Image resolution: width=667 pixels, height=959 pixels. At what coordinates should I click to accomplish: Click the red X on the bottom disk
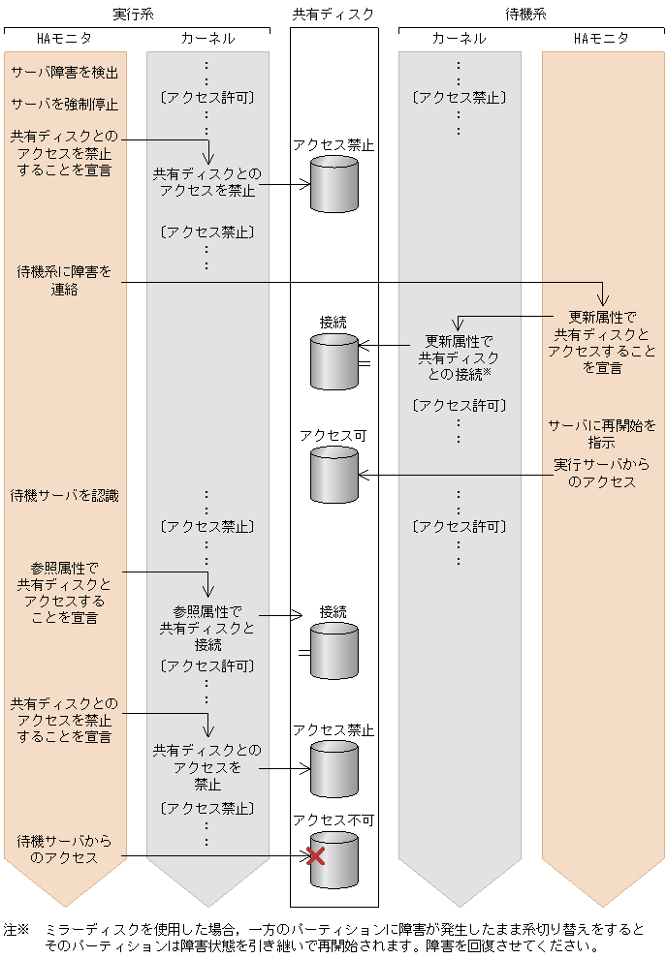pyautogui.click(x=315, y=855)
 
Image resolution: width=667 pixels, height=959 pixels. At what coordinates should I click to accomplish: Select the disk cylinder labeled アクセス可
pyautogui.click(x=333, y=475)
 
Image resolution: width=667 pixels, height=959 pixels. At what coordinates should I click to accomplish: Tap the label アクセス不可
pyautogui.click(x=333, y=820)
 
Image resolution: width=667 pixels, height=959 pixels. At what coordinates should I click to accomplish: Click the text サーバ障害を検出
pyautogui.click(x=64, y=73)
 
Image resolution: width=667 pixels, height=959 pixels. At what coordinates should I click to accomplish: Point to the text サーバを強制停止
pyautogui.click(x=64, y=104)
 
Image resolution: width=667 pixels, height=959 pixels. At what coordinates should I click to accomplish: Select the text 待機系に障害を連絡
pyautogui.click(x=64, y=281)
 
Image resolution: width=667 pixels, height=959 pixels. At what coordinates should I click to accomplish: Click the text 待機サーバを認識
pyautogui.click(x=64, y=496)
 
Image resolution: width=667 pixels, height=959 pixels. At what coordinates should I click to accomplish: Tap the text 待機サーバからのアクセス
pyautogui.click(x=64, y=849)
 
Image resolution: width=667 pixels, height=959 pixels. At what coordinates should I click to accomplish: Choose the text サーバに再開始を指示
pyautogui.click(x=602, y=433)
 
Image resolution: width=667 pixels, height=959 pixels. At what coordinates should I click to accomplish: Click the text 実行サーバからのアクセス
pyautogui.click(x=602, y=473)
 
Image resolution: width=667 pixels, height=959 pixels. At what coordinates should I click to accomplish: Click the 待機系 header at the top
pyautogui.click(x=525, y=14)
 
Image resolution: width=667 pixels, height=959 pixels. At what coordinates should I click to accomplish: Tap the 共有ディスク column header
pyautogui.click(x=333, y=14)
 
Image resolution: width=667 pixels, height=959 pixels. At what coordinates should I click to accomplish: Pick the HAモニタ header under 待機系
pyautogui.click(x=602, y=39)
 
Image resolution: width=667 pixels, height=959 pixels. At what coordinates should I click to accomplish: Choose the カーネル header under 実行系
pyautogui.click(x=207, y=39)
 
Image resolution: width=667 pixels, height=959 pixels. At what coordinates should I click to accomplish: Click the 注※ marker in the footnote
pyautogui.click(x=17, y=929)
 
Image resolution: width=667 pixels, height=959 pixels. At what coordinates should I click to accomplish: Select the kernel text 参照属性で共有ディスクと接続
pyautogui.click(x=207, y=628)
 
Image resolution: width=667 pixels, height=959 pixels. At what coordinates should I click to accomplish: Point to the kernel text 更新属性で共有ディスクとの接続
pyautogui.click(x=459, y=357)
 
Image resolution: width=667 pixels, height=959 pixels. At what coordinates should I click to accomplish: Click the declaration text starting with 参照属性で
pyautogui.click(x=64, y=592)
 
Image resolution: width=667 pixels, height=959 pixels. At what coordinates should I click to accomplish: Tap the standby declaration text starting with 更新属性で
pyautogui.click(x=602, y=342)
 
